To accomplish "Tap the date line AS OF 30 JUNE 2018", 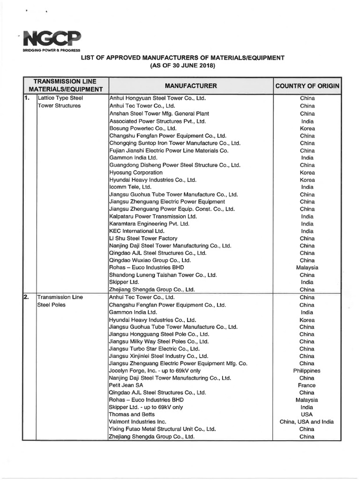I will pos(182,66).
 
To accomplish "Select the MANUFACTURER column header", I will pos(190,86).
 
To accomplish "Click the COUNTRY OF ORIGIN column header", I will pos(307,86).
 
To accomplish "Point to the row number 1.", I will pos(27,98).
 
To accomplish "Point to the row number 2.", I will pos(27,297).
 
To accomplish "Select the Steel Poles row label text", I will pos(52,305).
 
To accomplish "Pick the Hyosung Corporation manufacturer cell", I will pos(136,172).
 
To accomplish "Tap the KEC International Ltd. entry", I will pos(137,231).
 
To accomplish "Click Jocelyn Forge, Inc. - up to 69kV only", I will pos(154,370).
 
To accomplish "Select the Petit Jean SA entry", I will pos(127,385).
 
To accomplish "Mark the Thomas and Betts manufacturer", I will pos(132,414).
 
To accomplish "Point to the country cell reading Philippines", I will pos(307,370).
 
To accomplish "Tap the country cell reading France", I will pos(307,385).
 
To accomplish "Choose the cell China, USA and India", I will pos(307,422).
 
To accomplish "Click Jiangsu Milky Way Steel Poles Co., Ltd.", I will pos(158,341).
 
